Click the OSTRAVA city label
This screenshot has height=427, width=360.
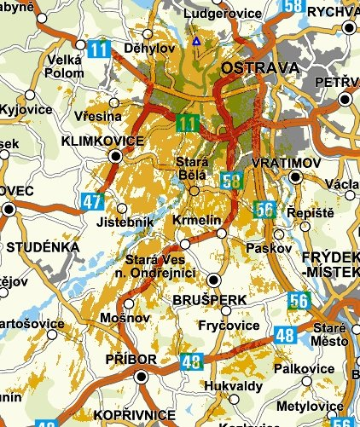259,67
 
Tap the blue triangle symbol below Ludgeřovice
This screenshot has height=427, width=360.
196,40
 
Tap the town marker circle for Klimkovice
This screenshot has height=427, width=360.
115,155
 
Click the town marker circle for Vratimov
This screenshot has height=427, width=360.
295,177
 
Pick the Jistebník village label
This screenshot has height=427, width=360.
128,222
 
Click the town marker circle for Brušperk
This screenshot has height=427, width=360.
213,280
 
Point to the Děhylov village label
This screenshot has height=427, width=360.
146,49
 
